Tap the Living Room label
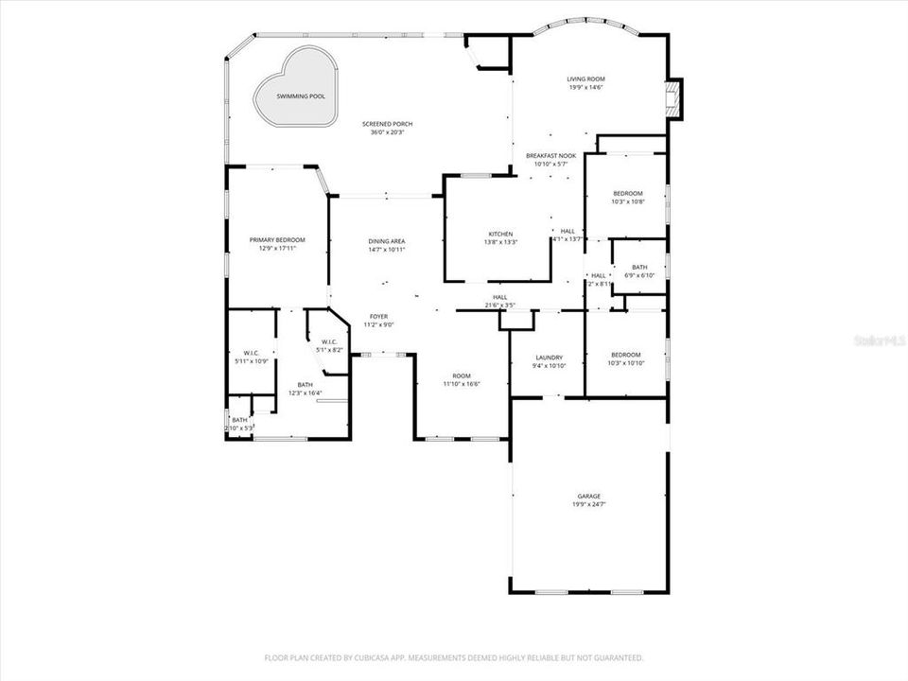coord(585,79)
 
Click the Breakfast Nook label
coord(551,154)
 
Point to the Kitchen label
coord(500,234)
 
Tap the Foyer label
coord(378,316)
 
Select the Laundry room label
coord(548,358)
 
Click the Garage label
coord(589,497)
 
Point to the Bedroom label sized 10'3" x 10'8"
coord(627,194)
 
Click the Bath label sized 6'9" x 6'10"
coord(640,267)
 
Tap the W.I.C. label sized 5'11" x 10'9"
coord(251,354)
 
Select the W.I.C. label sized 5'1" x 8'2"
coord(329,342)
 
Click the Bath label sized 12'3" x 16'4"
coord(306,385)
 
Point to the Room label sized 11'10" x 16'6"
coord(462,375)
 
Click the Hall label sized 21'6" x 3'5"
coord(499,297)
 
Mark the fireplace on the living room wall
coord(674,98)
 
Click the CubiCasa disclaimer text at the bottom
coord(454,657)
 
